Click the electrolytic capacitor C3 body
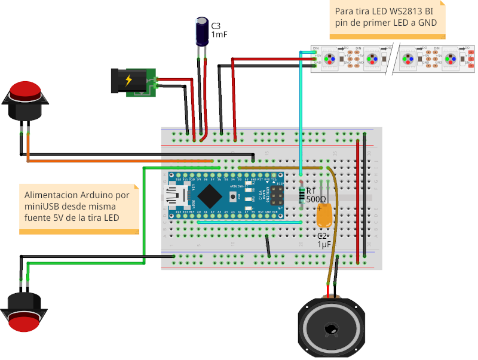click(201, 32)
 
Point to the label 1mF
click(219, 35)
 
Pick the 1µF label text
click(324, 245)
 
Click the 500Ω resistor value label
click(316, 199)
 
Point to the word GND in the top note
click(427, 23)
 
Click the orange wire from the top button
click(119, 161)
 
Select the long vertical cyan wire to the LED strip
click(301, 113)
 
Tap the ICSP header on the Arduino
click(277, 195)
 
